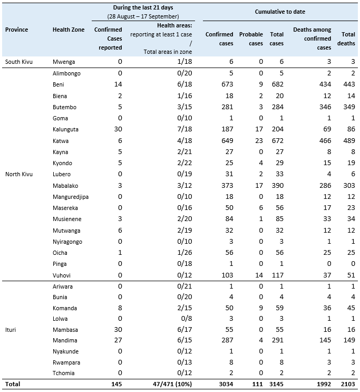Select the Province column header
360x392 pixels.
click(x=16, y=30)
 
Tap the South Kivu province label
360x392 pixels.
click(x=19, y=62)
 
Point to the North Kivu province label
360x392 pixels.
click(x=20, y=174)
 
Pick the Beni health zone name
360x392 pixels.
click(x=59, y=84)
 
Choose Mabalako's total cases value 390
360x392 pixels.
click(x=276, y=186)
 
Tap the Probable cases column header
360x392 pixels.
click(x=251, y=39)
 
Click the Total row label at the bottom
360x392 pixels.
click(x=13, y=384)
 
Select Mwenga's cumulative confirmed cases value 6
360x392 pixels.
click(x=230, y=62)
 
